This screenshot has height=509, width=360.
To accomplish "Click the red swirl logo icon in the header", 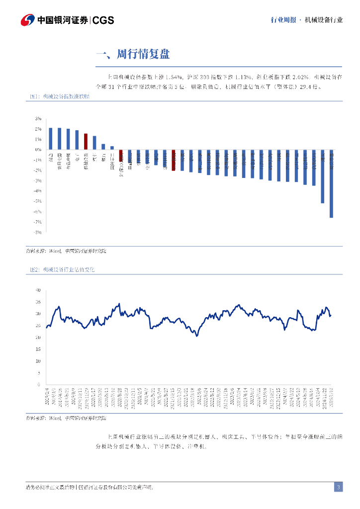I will coord(28,20).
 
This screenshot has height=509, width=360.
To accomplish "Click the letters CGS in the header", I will coord(103,20).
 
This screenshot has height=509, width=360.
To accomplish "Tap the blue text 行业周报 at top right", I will coord(283,20).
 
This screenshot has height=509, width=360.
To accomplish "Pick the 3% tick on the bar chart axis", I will coord(38,119).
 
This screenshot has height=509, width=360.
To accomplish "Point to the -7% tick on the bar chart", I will coord(38,222).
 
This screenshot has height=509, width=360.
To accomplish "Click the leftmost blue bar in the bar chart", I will coord(51,139).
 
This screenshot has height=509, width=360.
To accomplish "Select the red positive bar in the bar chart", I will coord(86,142).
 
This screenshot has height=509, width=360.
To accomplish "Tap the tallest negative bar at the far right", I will coord(331,184).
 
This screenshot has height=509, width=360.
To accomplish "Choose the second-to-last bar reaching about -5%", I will coord(323,176).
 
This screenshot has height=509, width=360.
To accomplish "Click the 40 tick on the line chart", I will coord(38,290).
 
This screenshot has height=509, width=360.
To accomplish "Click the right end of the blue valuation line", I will coord(331,315).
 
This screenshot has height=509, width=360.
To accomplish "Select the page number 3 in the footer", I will coord(338,487).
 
